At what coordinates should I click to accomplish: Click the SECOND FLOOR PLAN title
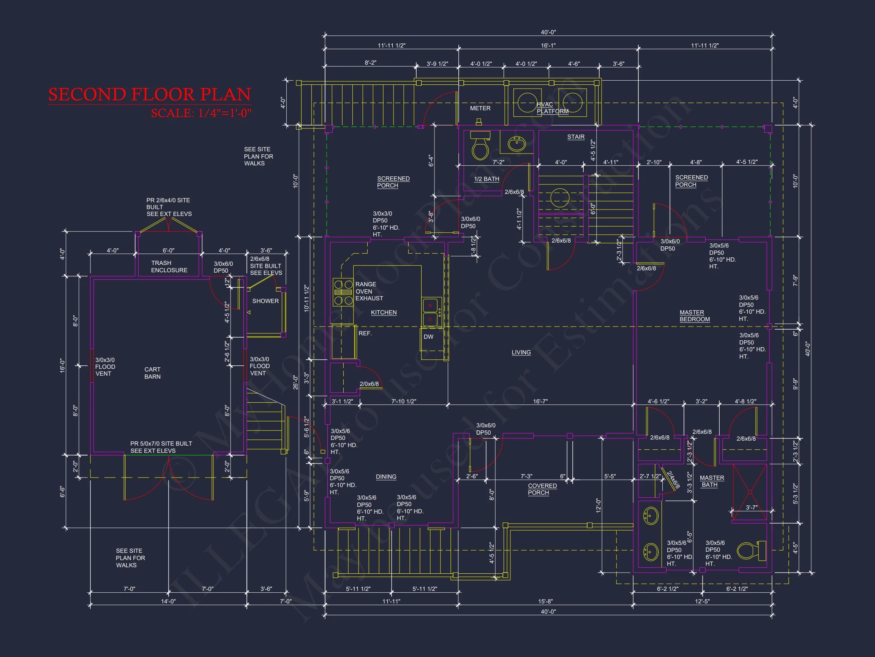150,95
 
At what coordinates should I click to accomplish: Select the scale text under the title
201,113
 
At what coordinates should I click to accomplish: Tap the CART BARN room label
152,373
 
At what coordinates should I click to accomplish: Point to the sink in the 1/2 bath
516,143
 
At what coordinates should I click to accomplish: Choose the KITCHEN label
384,313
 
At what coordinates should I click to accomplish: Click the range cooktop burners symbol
343,292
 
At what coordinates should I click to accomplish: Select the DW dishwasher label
428,336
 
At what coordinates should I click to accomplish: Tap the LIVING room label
521,352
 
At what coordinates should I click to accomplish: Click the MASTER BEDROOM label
695,316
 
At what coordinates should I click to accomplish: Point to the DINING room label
386,477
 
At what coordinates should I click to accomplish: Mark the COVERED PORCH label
542,489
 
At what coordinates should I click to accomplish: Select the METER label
480,108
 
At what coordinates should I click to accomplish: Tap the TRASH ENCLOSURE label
169,267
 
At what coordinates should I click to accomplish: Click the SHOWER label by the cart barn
265,301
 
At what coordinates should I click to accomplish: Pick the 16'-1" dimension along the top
548,46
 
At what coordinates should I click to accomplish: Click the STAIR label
576,137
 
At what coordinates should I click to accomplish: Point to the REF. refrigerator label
365,333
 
